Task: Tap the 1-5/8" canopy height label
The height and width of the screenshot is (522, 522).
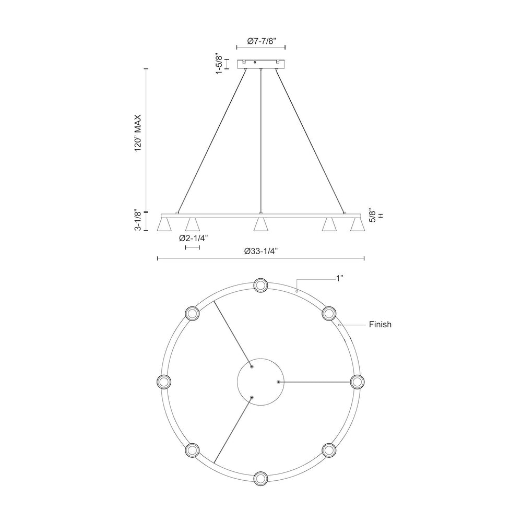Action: click(219, 63)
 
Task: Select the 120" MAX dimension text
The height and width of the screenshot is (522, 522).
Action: click(138, 133)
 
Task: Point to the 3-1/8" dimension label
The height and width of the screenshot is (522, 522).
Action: click(138, 220)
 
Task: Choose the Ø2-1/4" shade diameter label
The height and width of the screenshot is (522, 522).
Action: click(193, 238)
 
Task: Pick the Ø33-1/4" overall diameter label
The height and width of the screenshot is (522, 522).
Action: click(261, 251)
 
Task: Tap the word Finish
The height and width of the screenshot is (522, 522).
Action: click(380, 324)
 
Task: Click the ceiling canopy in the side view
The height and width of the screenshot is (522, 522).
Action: click(261, 64)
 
